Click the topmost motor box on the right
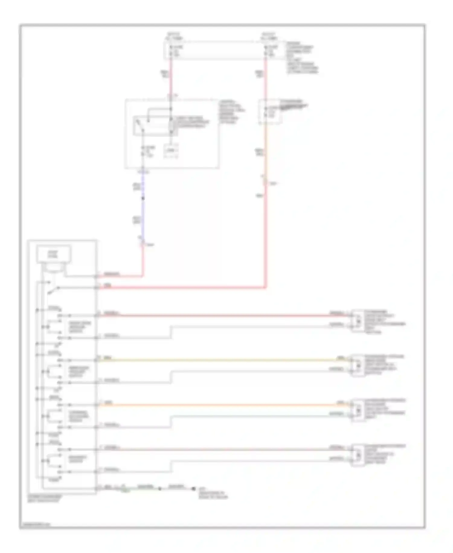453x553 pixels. click(x=358, y=320)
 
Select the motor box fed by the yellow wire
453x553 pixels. click(x=358, y=365)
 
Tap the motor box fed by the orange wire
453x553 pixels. click(x=358, y=410)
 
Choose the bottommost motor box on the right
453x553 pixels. click(x=358, y=455)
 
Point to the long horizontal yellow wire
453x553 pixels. click(x=223, y=360)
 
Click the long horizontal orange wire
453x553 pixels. click(x=223, y=404)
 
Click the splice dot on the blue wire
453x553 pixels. click(x=143, y=198)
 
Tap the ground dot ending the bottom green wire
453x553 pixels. click(x=194, y=489)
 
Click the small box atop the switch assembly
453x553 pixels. click(x=54, y=254)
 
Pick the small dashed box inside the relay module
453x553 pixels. click(x=171, y=151)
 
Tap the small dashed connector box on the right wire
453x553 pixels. click(x=270, y=112)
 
